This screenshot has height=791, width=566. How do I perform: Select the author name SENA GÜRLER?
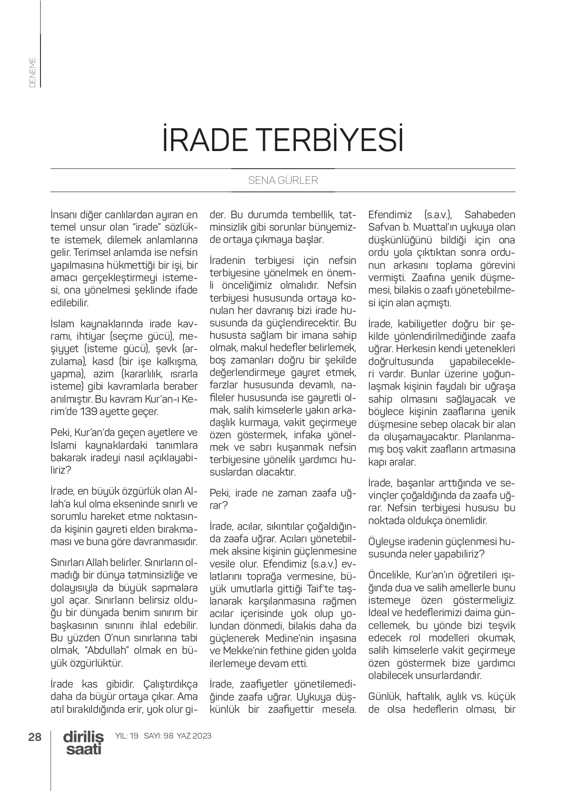(283, 181)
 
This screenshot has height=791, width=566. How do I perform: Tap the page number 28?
(35, 737)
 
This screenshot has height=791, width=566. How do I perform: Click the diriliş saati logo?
(83, 742)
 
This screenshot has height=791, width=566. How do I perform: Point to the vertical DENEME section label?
(32, 72)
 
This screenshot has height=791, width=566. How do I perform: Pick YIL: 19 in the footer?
(127, 736)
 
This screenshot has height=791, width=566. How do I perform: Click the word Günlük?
(384, 697)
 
